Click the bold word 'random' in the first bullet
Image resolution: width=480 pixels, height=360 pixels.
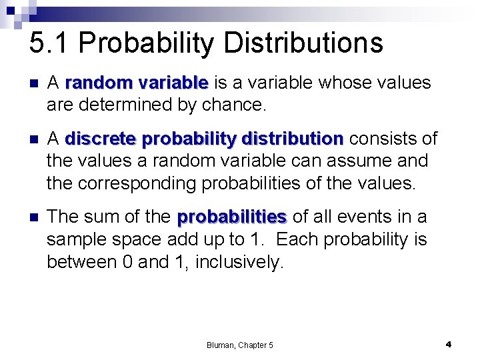(99, 83)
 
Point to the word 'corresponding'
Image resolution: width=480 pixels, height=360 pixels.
(149, 183)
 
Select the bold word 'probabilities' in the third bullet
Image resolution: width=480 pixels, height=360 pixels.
(232, 217)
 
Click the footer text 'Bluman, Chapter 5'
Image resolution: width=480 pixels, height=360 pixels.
(239, 345)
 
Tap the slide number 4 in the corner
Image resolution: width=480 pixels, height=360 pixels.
(449, 344)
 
